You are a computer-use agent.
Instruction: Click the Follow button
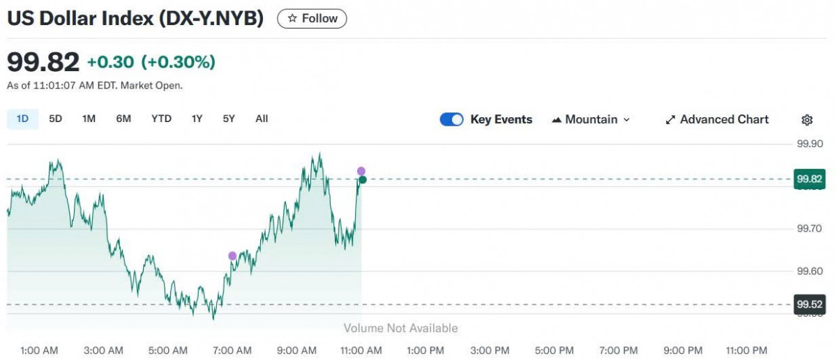312,19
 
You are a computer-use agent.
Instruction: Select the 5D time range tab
56,119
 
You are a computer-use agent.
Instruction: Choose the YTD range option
161,119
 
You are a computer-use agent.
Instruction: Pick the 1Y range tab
197,119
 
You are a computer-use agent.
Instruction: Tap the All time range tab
262,119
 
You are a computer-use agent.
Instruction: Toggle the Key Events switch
452,119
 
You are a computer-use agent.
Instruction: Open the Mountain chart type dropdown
591,119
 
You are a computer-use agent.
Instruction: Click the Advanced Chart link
717,119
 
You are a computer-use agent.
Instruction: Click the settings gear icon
807,120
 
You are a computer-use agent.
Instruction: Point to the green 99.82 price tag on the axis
810,179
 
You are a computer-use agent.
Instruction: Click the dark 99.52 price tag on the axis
810,304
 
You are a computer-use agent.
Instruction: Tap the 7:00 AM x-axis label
232,350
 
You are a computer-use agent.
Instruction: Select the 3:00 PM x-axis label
490,350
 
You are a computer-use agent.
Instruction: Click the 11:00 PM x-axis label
746,350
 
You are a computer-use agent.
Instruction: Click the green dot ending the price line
363,180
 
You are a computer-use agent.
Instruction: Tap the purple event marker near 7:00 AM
232,256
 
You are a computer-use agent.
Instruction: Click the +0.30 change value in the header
110,62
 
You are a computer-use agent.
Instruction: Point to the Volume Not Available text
400,328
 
